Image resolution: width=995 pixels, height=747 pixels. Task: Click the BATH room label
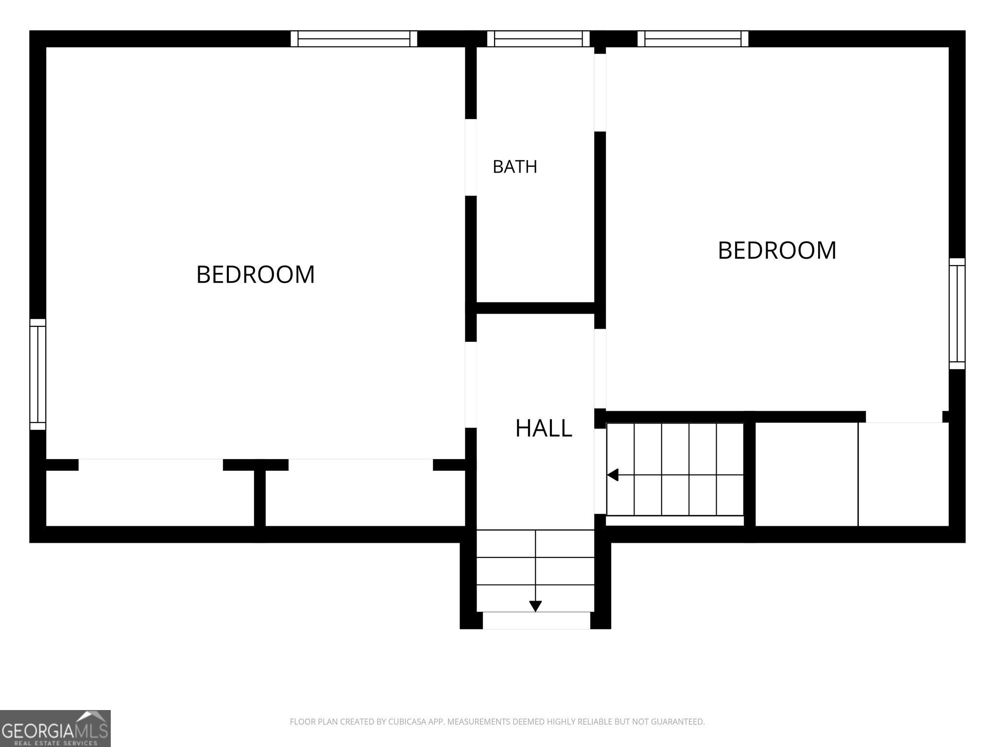click(515, 167)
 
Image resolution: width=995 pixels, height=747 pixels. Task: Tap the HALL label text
click(543, 428)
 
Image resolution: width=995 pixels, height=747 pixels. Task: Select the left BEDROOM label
click(256, 274)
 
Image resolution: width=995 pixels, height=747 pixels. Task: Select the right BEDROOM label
click(777, 250)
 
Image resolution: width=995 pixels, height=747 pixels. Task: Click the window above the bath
click(538, 38)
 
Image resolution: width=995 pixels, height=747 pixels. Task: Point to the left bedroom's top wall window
click(354, 38)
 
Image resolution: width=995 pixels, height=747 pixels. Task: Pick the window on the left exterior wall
click(38, 374)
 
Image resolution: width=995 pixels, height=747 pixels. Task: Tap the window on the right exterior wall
click(957, 314)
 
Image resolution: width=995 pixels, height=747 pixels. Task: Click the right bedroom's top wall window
click(693, 38)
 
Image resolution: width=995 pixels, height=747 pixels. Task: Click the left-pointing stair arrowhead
click(613, 475)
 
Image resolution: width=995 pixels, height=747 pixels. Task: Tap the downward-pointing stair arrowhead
click(535, 606)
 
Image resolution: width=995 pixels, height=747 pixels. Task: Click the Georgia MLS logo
click(55, 729)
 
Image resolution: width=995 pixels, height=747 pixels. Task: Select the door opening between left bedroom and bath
click(471, 158)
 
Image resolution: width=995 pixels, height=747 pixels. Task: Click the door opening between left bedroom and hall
click(471, 385)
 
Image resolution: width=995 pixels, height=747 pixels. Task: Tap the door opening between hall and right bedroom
click(600, 369)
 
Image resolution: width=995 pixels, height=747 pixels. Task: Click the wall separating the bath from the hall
click(535, 308)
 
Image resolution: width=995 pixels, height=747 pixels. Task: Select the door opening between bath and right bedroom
click(600, 92)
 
